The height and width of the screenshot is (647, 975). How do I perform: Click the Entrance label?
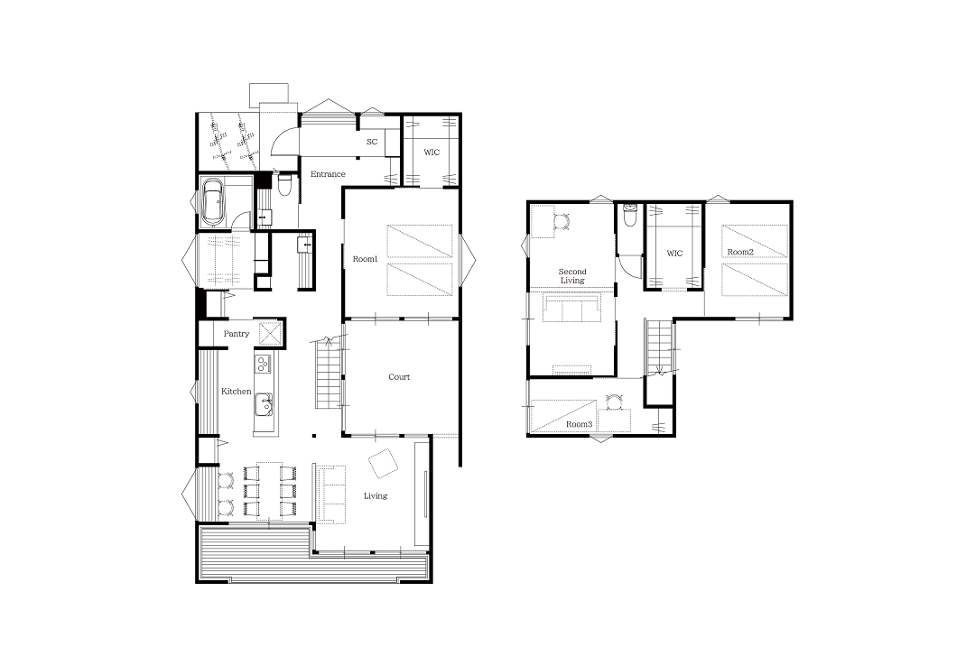pyautogui.click(x=328, y=174)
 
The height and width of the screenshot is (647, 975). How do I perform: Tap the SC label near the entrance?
pyautogui.click(x=372, y=142)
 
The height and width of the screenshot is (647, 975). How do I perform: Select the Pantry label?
pyautogui.click(x=237, y=334)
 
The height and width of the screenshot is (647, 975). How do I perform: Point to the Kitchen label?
pyautogui.click(x=237, y=391)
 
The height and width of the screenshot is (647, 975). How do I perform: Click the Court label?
pyautogui.click(x=399, y=376)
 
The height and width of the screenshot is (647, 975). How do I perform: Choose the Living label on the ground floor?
pyautogui.click(x=376, y=495)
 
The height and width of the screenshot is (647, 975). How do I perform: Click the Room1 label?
pyautogui.click(x=365, y=259)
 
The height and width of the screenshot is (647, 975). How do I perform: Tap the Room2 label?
pyautogui.click(x=740, y=252)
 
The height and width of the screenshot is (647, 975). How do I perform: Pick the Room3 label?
pyautogui.click(x=579, y=424)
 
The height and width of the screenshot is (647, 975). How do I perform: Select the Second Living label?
pyautogui.click(x=572, y=276)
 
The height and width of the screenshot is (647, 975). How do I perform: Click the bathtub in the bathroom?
pyautogui.click(x=213, y=202)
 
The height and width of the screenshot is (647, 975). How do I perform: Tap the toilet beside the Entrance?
pyautogui.click(x=284, y=185)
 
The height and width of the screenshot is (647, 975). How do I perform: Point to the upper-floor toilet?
pyautogui.click(x=629, y=215)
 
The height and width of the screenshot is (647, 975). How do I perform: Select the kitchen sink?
pyautogui.click(x=264, y=404)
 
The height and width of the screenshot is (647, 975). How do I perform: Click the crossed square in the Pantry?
pyautogui.click(x=271, y=333)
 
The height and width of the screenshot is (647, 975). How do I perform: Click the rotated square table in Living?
pyautogui.click(x=383, y=463)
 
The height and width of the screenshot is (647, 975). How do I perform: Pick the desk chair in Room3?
pyautogui.click(x=615, y=402)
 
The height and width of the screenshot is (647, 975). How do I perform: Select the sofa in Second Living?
pyautogui.click(x=572, y=308)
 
